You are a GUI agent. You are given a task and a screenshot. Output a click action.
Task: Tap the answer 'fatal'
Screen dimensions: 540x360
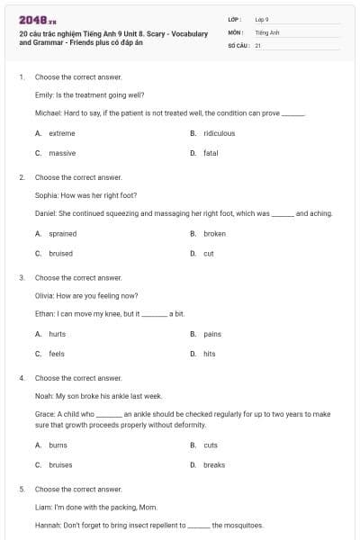[x=211, y=153]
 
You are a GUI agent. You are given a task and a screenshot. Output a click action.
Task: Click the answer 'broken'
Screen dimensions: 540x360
[x=214, y=233]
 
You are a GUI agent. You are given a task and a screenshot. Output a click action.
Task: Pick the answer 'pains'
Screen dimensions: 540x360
[x=212, y=334]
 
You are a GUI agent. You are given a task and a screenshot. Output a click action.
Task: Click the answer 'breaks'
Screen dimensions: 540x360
[x=214, y=464]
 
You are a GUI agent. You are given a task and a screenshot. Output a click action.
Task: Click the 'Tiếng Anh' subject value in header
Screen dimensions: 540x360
[x=268, y=31]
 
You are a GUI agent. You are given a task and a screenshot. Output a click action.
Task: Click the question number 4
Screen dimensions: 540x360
[x=22, y=378]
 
